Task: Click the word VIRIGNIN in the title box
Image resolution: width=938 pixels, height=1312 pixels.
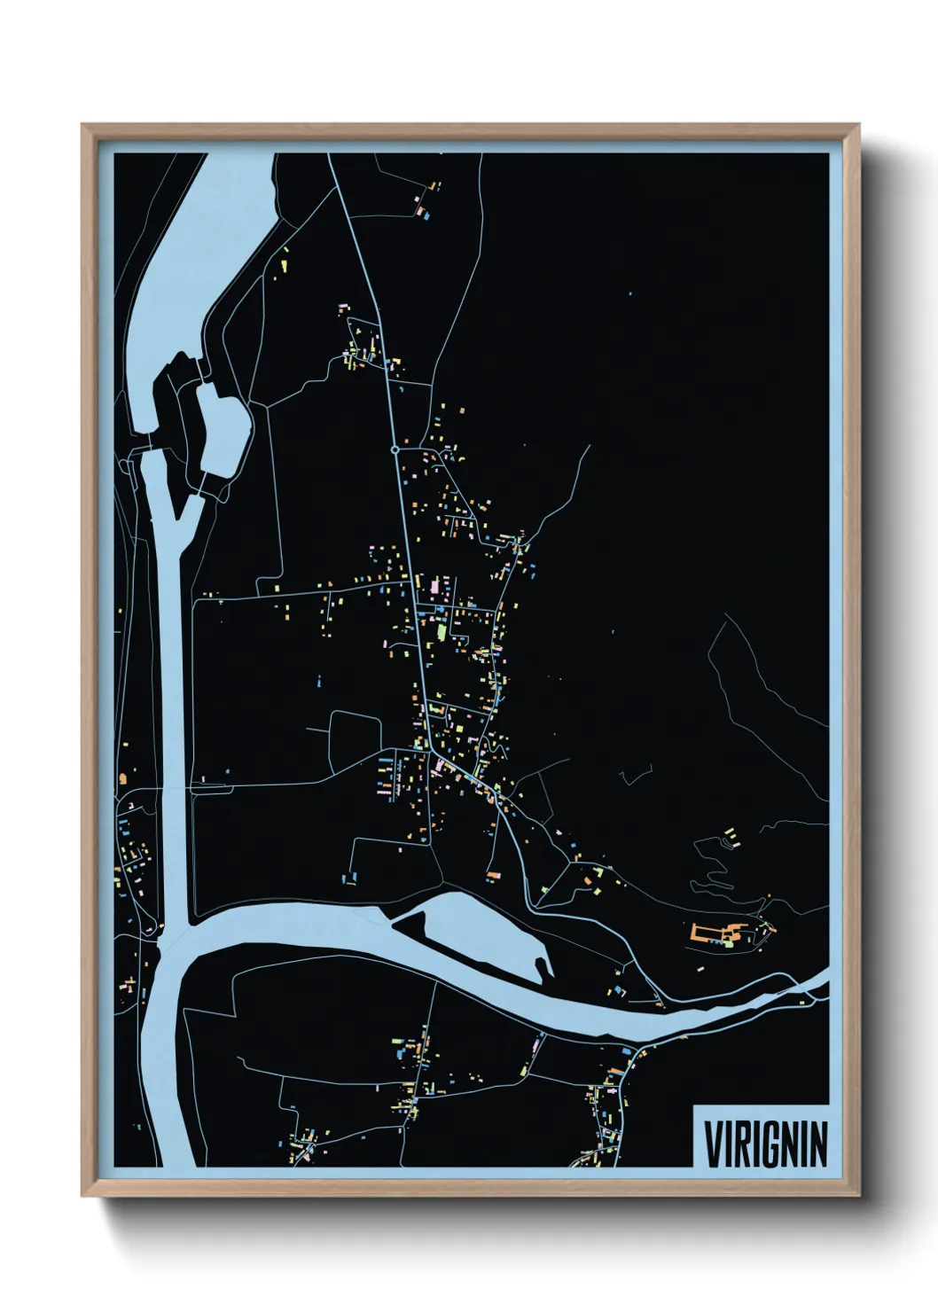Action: click(765, 1144)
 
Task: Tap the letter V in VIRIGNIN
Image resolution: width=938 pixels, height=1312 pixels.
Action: click(711, 1144)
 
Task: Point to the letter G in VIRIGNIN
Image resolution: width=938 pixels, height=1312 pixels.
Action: click(768, 1144)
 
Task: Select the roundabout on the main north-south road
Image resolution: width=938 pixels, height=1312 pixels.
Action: click(395, 450)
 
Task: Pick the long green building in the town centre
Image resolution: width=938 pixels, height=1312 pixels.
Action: click(442, 634)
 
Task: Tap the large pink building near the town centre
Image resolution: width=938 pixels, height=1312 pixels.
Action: click(434, 587)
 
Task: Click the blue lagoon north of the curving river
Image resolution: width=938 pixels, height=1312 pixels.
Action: click(479, 931)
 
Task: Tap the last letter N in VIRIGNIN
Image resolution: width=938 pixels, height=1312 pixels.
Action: click(818, 1144)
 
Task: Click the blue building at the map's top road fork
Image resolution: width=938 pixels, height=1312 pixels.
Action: click(426, 214)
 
